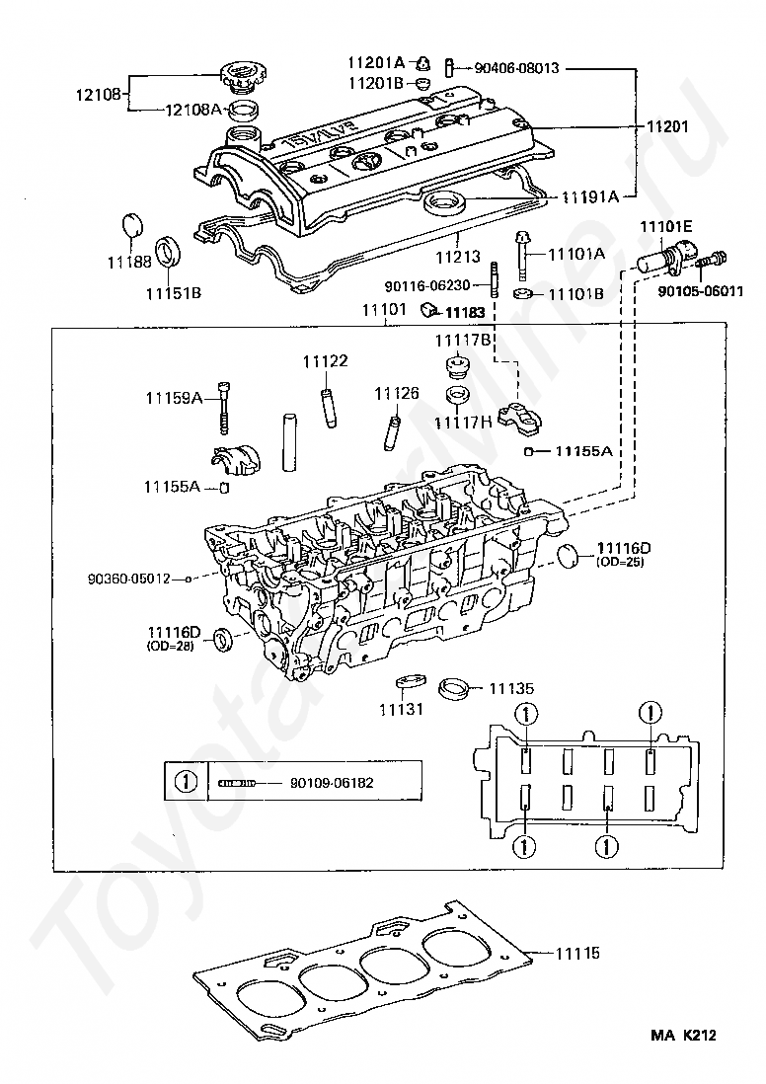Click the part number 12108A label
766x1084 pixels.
coord(193,111)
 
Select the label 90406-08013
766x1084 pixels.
coord(516,68)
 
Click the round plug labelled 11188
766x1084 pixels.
coord(133,226)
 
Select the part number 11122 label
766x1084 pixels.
coord(325,361)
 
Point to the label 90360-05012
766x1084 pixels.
coord(128,579)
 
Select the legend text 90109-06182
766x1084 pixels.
coord(332,783)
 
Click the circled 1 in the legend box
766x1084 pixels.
coord(186,783)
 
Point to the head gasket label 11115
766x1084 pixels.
coord(577,954)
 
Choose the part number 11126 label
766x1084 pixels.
coord(397,393)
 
